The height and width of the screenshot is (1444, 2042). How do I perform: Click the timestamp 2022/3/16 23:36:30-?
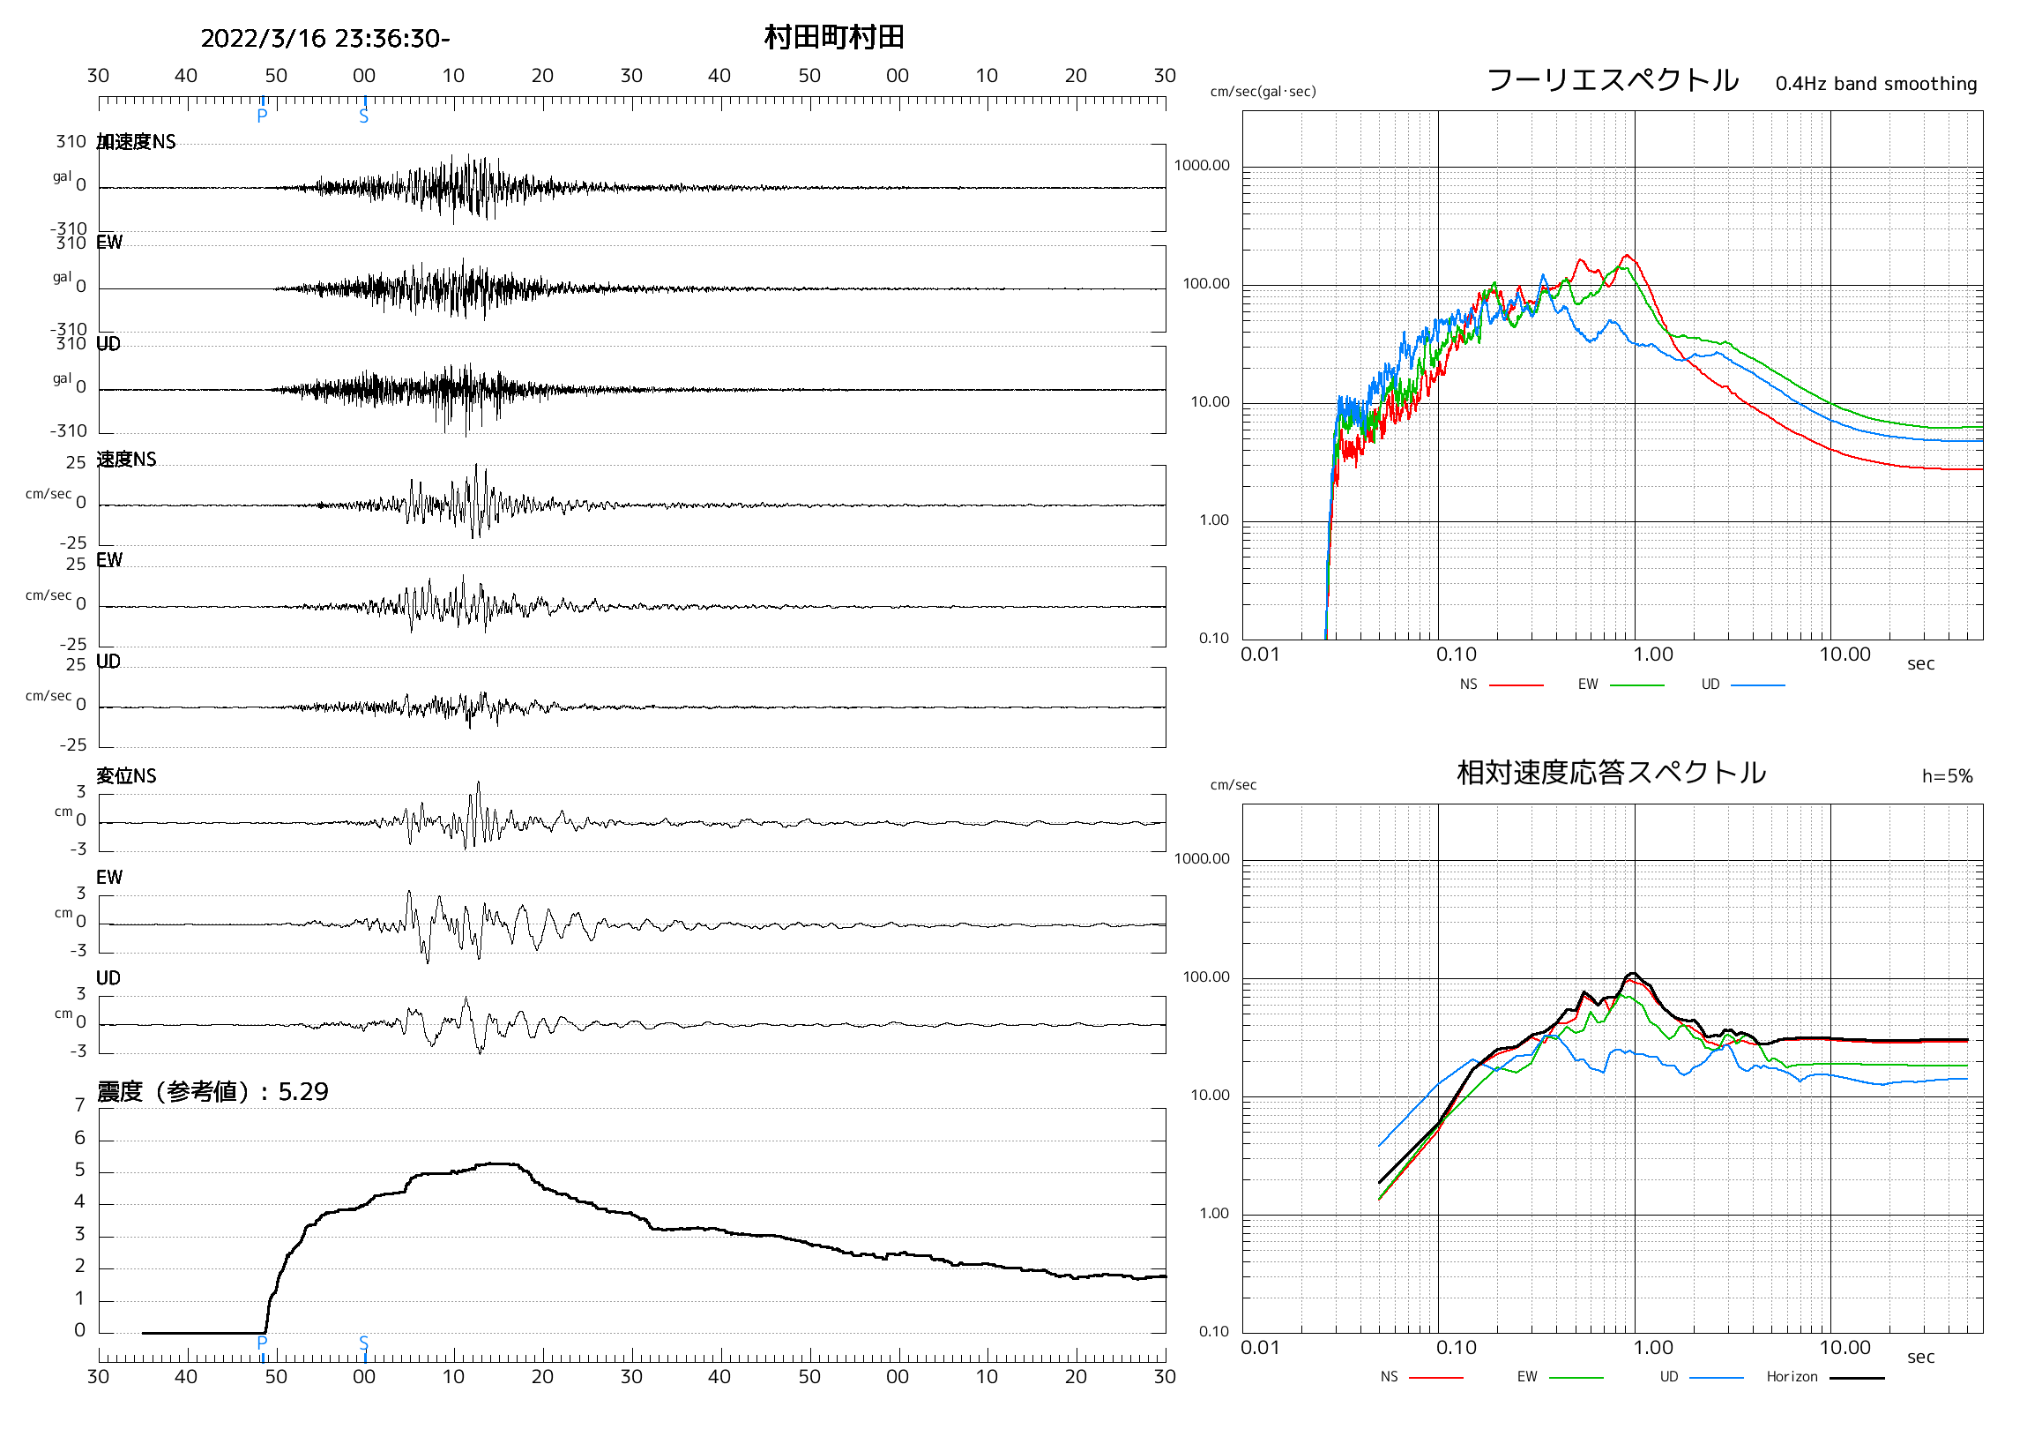point(324,38)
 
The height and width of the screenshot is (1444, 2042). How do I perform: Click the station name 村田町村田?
point(833,37)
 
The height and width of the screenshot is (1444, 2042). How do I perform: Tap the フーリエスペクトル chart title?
point(1612,80)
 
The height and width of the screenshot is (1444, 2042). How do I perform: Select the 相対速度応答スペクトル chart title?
point(1611,772)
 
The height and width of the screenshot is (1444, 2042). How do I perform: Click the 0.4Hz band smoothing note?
point(1875,84)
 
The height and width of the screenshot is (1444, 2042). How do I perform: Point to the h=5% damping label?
point(1947,776)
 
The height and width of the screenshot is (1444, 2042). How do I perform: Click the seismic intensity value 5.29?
point(303,1092)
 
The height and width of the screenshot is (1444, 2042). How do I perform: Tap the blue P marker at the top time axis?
point(263,116)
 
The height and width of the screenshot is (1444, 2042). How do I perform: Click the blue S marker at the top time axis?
point(364,116)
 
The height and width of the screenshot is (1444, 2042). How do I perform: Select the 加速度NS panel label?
point(136,142)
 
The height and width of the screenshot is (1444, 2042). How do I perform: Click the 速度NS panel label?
point(126,459)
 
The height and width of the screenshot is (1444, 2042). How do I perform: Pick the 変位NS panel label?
point(126,776)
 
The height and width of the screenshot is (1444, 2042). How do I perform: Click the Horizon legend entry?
point(1792,1376)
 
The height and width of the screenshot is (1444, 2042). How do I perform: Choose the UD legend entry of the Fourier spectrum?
point(1710,685)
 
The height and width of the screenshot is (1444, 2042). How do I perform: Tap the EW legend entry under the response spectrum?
point(1527,1376)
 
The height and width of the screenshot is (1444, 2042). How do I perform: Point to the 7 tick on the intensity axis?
point(80,1105)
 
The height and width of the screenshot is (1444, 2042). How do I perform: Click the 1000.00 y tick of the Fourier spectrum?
point(1202,166)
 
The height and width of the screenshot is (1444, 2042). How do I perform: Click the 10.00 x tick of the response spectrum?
point(1845,1348)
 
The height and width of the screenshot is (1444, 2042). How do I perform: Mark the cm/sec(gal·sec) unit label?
point(1263,92)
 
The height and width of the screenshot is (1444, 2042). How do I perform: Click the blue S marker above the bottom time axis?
point(364,1342)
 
